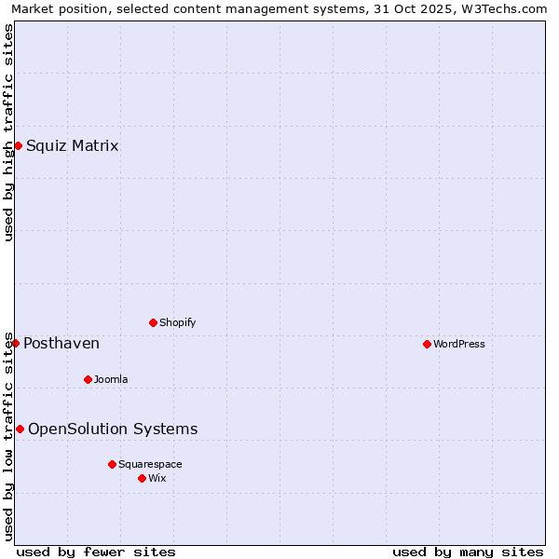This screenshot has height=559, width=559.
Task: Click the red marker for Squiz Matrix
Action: coord(18,145)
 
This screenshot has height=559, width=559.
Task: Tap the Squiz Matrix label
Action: coord(72,145)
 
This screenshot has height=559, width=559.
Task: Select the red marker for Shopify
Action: coord(153,322)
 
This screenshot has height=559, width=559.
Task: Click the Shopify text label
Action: coord(177,322)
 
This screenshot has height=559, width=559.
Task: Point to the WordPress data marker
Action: coord(427,344)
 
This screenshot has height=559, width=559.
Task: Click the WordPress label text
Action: coord(458,344)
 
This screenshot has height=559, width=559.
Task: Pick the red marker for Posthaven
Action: coord(15,343)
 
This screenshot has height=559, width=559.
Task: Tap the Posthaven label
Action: coord(61,344)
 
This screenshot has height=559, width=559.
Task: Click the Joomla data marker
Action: coord(88,379)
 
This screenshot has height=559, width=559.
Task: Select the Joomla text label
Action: coord(111,379)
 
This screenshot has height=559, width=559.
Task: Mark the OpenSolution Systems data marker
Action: coord(20,429)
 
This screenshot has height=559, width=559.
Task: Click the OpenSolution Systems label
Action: coord(113,429)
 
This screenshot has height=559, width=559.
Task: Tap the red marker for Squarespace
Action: coord(112,464)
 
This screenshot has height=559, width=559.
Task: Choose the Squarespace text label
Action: coord(150,464)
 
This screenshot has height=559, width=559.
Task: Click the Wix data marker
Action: coord(142,478)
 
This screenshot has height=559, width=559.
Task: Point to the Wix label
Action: coord(157,478)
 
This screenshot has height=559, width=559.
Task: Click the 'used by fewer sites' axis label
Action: coord(96,552)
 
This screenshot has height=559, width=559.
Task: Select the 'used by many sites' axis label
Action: coord(468,552)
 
